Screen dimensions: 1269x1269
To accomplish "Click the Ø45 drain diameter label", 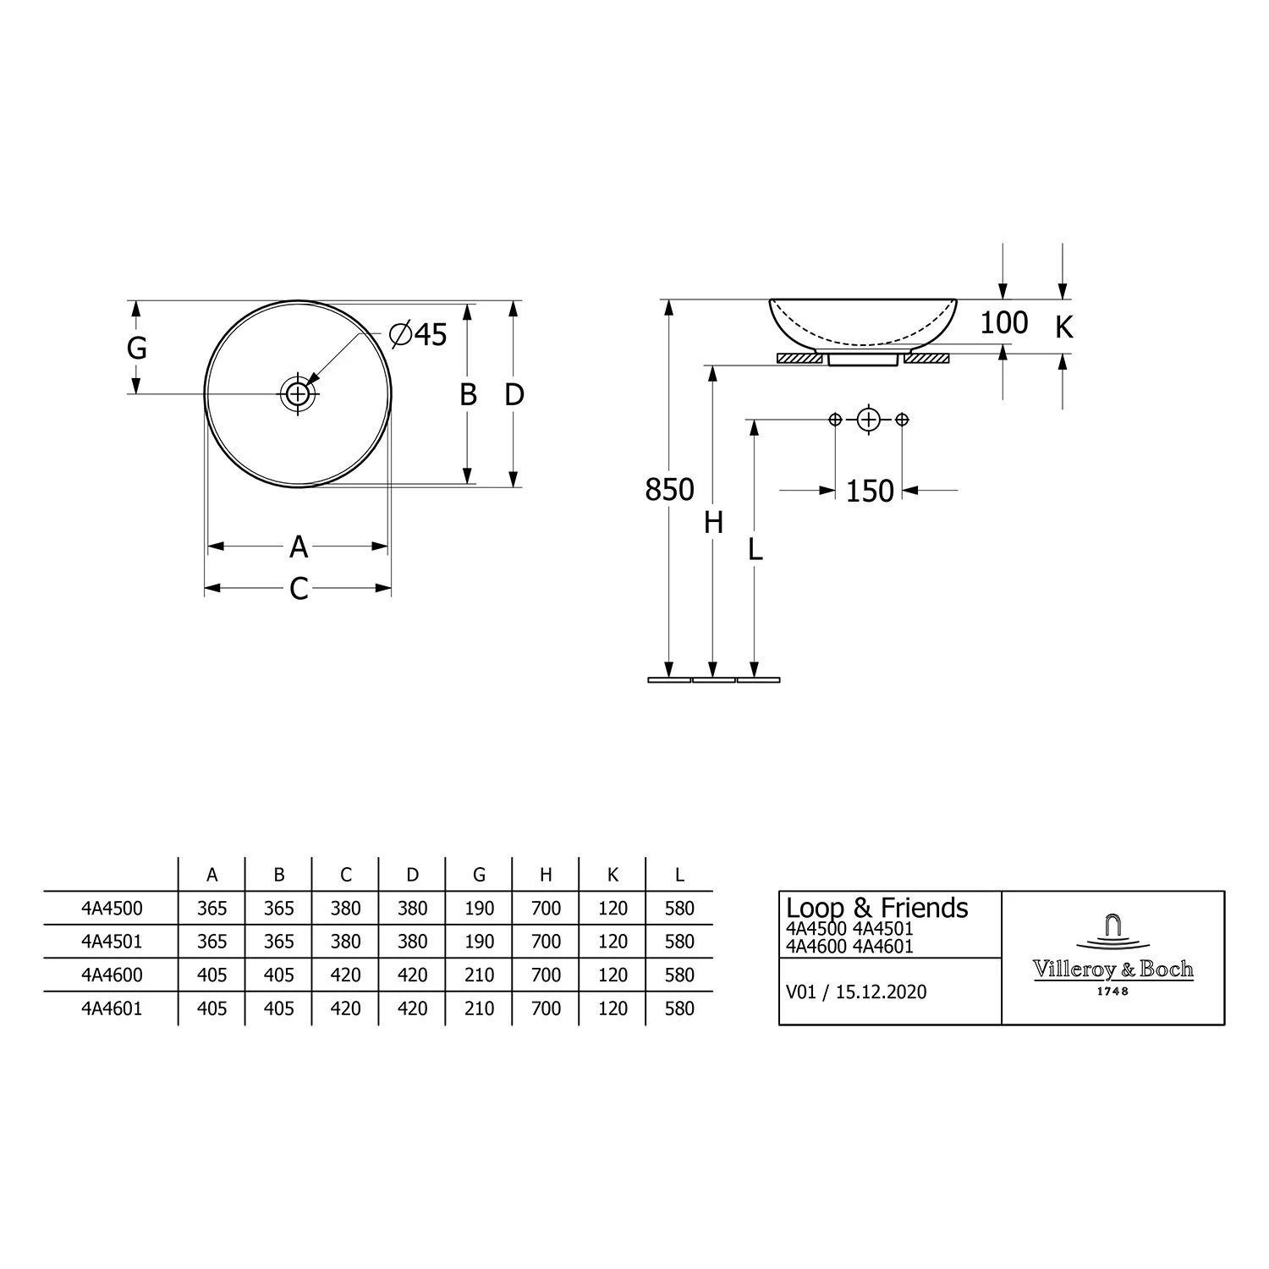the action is coord(418,334).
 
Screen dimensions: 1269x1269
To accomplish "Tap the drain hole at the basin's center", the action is coord(298,393).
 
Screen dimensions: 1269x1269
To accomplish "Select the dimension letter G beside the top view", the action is coord(137,348).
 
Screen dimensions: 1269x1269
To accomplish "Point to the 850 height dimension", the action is coord(669,490).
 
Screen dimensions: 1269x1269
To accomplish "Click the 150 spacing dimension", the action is coord(870,491).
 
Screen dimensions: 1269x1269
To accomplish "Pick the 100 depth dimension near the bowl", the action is coord(1004,322).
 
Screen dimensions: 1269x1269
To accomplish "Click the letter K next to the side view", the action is coord(1063,327).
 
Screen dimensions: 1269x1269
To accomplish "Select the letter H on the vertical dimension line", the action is coord(713,524).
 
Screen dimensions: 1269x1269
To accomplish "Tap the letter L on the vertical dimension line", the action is coord(755,550).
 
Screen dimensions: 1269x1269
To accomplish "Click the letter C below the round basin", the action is coord(299,589).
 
